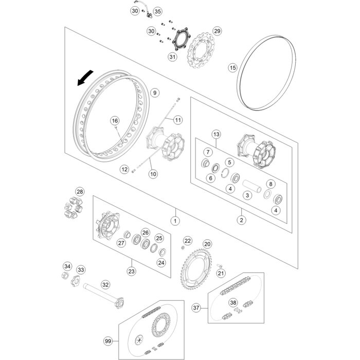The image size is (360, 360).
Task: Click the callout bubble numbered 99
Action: point(108,341)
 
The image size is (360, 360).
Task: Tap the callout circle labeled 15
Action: point(232,67)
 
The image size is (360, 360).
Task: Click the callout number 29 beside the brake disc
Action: point(217,31)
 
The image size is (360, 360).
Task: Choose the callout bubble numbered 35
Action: point(157,11)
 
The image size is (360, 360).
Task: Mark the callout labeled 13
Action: point(216,134)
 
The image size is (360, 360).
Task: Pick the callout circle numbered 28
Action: point(79,192)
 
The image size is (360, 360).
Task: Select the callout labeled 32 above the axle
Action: point(105,283)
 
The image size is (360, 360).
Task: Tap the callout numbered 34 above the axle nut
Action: point(67,266)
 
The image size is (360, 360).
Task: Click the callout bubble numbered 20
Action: point(207,244)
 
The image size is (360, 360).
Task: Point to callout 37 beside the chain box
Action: point(196,308)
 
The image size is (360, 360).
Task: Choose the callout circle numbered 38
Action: point(233,303)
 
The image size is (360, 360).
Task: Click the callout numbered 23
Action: point(132,271)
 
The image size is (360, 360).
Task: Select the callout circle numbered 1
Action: point(175,221)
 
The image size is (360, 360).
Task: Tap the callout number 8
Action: point(271,184)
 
